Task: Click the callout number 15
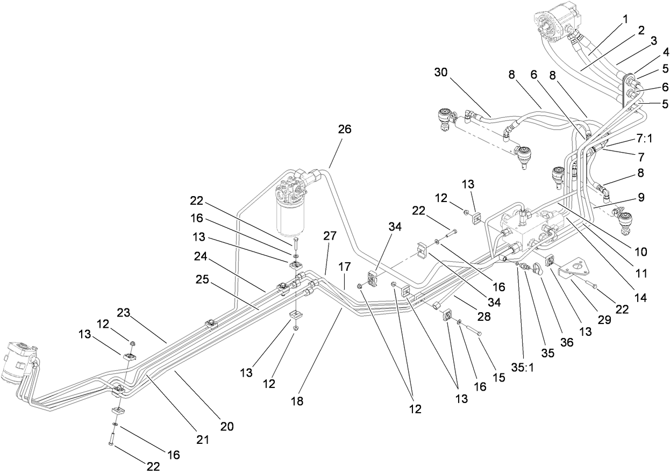click(500, 378)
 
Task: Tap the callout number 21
click(202, 440)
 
